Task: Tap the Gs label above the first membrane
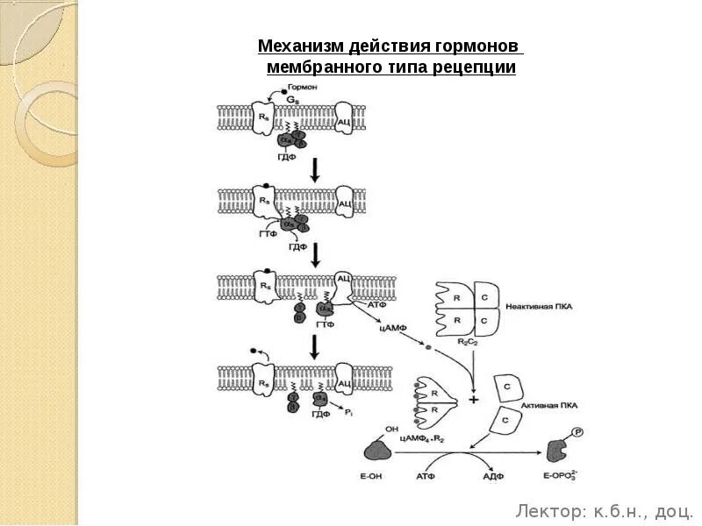tap(292, 102)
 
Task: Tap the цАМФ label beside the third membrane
tap(391, 328)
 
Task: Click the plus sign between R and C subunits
tap(474, 400)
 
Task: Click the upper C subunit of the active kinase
tap(506, 386)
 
